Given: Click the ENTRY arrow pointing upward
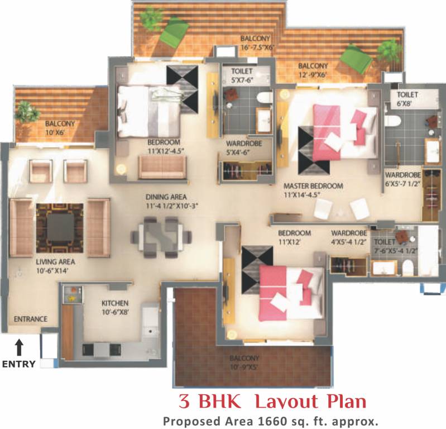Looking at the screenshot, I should coord(19,348).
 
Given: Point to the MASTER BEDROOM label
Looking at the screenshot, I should coord(313,186).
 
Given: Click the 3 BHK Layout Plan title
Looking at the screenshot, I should coord(272,402).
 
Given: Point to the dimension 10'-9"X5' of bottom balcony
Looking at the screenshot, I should coord(244,368).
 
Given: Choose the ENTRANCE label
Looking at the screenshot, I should coord(31,320).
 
